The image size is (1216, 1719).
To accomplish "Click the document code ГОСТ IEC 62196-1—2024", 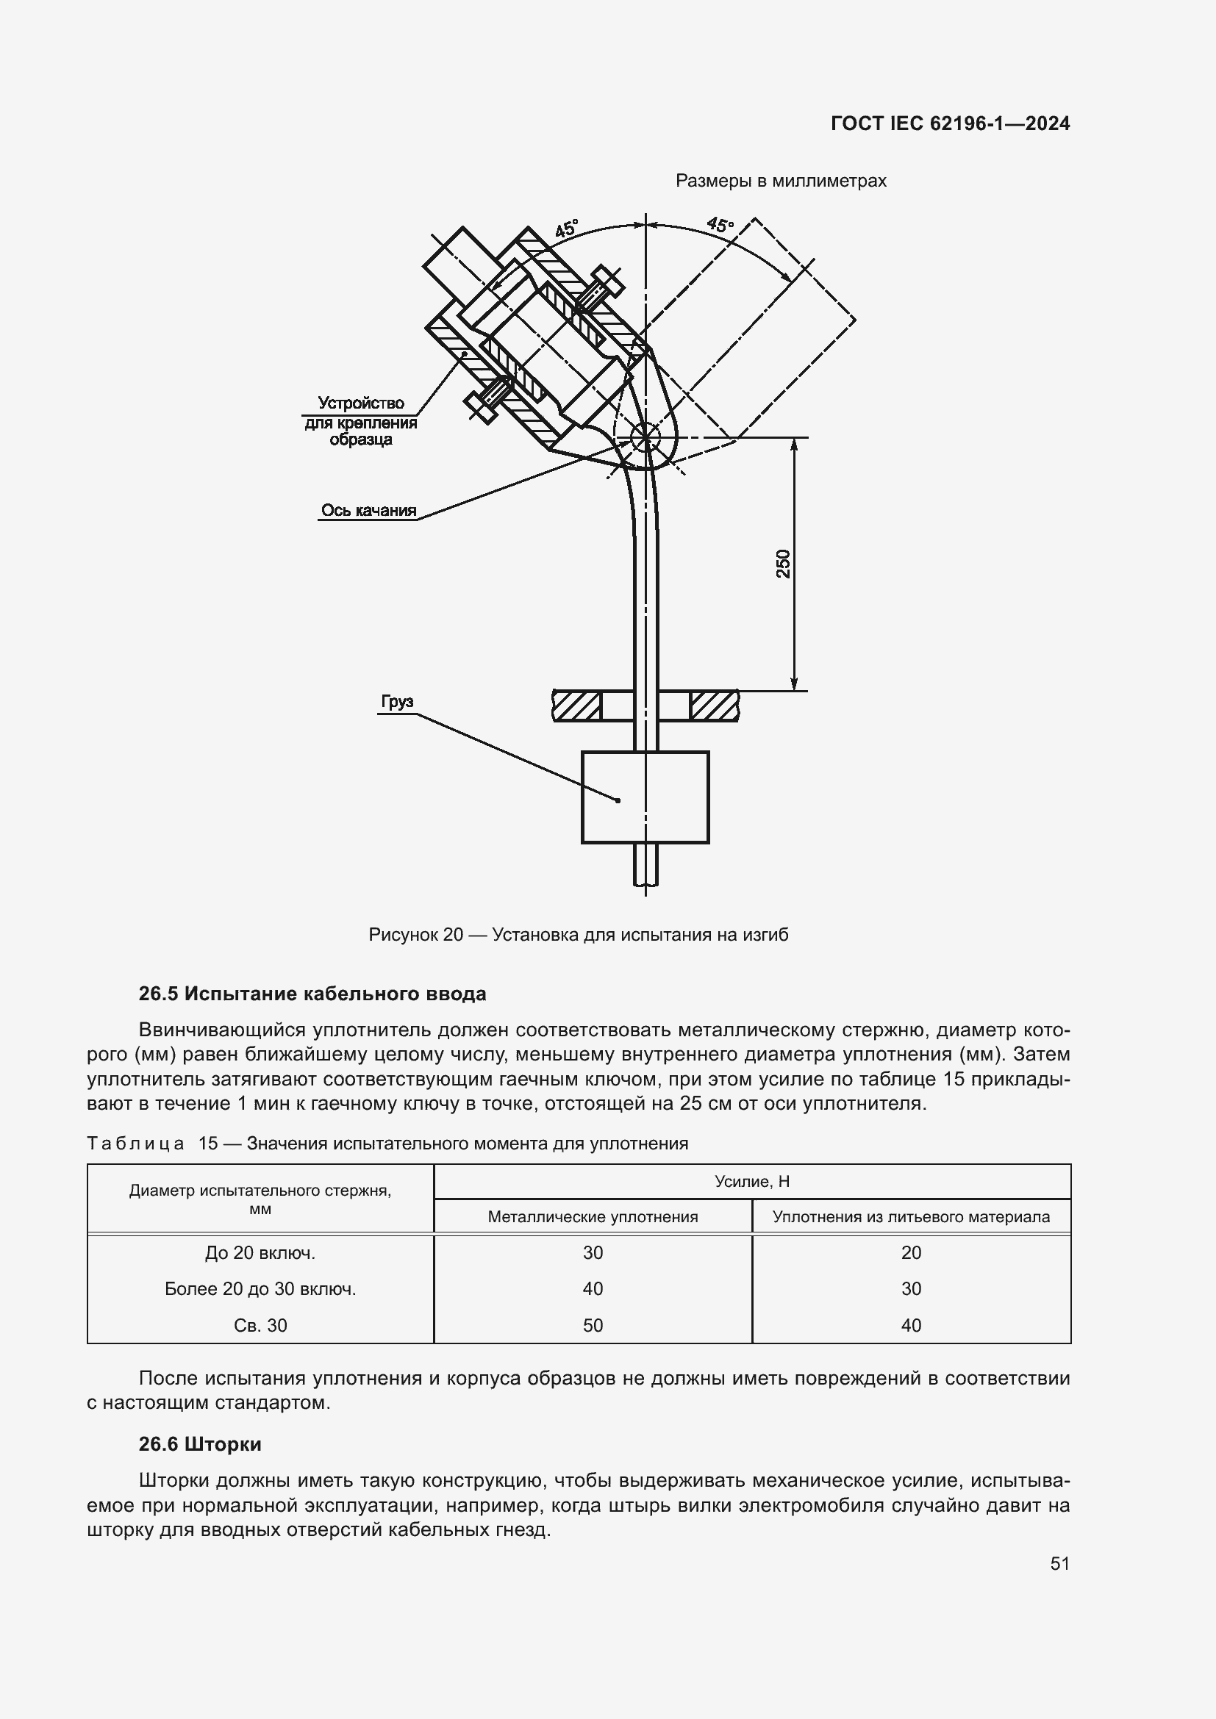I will pos(949,123).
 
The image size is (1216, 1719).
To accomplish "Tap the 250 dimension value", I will pos(783,564).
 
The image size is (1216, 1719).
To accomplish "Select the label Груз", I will pos(397,702).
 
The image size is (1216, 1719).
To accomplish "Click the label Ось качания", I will pos(368,510).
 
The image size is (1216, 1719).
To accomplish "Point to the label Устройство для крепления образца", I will pos(361,422).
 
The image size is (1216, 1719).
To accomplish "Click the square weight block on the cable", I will pos(645,797).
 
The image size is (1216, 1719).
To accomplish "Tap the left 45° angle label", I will pos(566,229).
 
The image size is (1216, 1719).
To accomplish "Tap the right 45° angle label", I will pos(720,224).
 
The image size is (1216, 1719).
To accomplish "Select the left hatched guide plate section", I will pos(577,706).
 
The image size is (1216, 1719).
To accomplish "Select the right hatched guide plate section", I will pos(714,706).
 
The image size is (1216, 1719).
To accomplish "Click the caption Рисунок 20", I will pos(578,935).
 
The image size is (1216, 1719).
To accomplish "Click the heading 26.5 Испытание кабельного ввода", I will pos(312,994).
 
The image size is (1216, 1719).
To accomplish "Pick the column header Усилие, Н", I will pos(752,1182).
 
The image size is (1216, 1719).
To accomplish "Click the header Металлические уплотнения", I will pos(593,1216).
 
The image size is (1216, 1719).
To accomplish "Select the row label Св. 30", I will pos(260,1326).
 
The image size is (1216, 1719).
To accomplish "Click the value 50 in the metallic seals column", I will pos(593,1326).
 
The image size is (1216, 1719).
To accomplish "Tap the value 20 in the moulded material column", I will pos(910,1252).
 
